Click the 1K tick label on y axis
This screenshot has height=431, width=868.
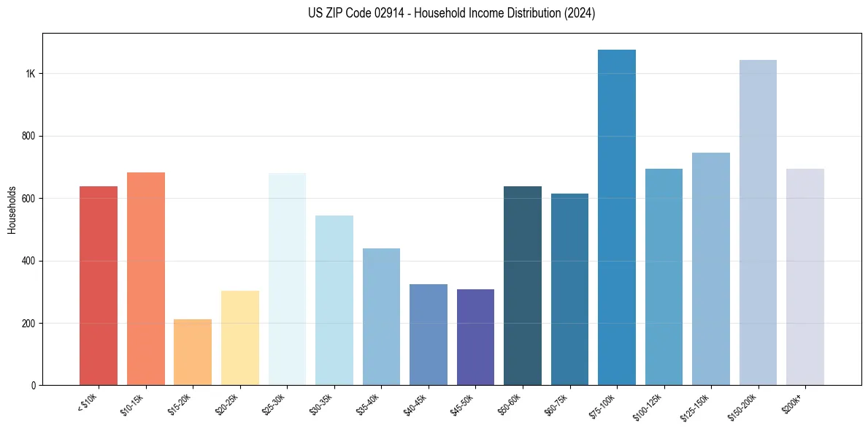31,74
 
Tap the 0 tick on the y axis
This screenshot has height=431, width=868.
34,386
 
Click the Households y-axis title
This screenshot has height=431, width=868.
12,209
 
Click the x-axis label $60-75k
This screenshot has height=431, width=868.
557,405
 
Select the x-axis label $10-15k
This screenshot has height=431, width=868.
133,405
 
